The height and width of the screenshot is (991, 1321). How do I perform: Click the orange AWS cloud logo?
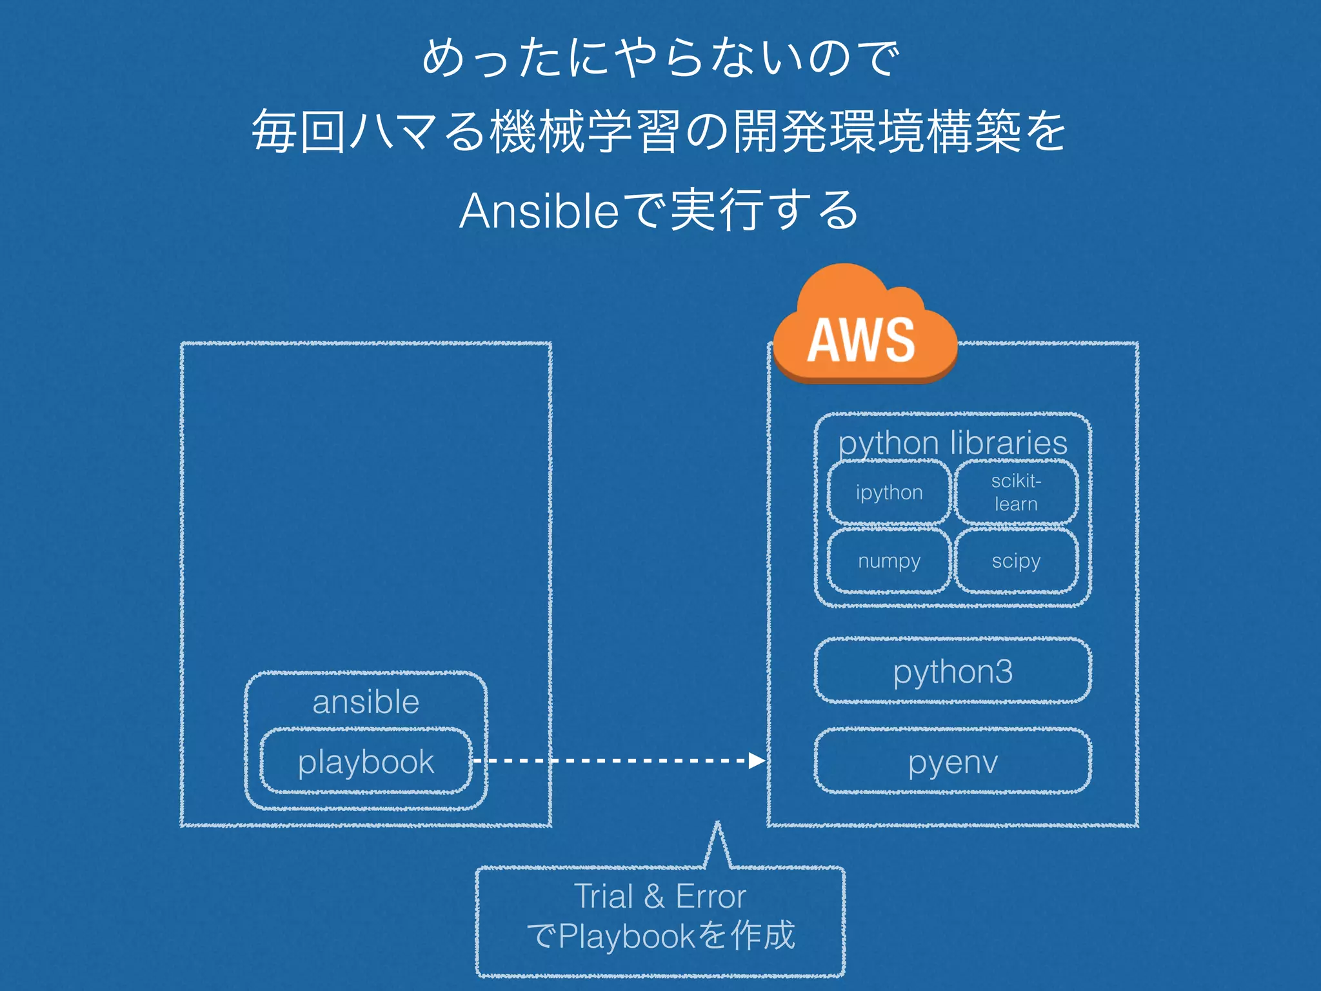pos(864,329)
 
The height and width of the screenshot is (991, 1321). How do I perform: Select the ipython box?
pos(889,492)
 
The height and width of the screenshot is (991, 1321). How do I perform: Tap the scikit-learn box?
pos(1016,492)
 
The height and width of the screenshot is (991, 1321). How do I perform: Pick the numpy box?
pos(889,561)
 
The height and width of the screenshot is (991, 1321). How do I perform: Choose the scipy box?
pos(1016,561)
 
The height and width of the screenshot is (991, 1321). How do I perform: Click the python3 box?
pos(953,671)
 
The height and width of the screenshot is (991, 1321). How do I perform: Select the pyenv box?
pos(953,761)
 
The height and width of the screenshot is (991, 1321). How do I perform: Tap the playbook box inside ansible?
pos(366,761)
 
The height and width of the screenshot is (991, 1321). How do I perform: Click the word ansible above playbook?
pos(366,701)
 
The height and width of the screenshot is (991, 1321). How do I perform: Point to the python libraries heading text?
pos(953,443)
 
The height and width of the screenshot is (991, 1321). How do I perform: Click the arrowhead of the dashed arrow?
pos(757,761)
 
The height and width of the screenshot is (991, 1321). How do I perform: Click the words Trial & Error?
pos(660,896)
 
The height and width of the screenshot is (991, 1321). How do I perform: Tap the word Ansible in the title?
pos(539,211)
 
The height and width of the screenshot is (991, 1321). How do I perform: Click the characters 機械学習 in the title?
pos(584,132)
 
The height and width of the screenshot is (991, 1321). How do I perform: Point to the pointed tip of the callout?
pos(717,825)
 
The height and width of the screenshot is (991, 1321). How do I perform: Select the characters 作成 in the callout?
pos(763,936)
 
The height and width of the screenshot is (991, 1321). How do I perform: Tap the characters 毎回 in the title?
pos(299,132)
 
